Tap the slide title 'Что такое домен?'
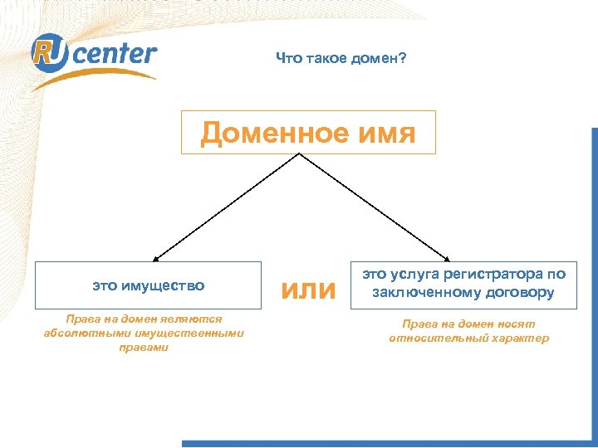tap(341, 59)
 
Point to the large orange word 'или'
tap(308, 290)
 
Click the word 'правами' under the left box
tap(143, 348)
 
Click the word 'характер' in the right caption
tap(518, 338)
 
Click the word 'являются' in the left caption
tap(192, 320)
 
